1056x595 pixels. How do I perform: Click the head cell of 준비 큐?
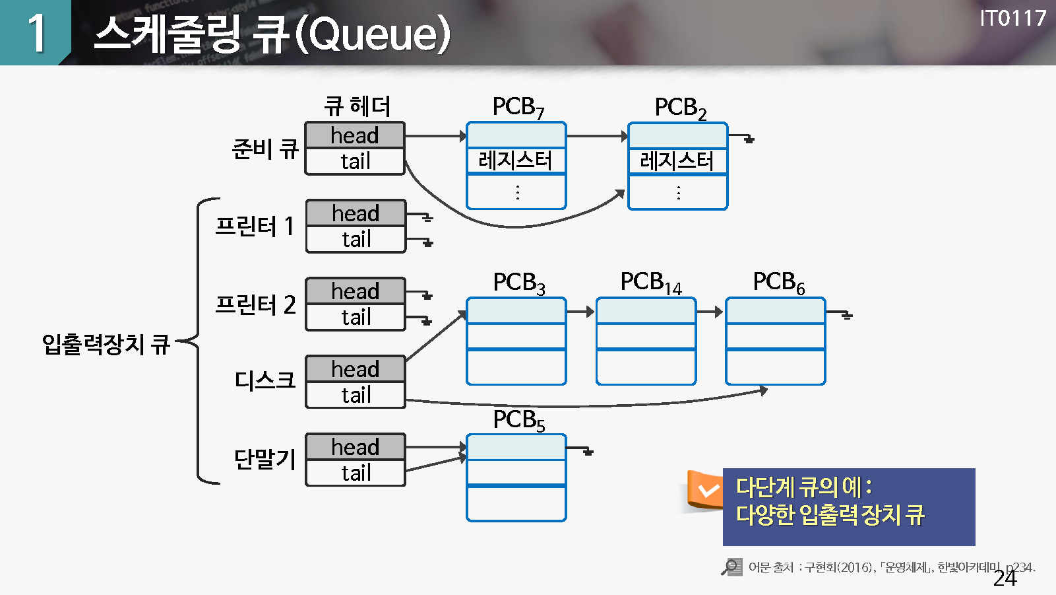tap(355, 135)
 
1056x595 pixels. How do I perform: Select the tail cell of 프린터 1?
tap(356, 240)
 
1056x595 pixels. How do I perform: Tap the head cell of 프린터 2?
tap(356, 291)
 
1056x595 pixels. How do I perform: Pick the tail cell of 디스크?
tap(356, 396)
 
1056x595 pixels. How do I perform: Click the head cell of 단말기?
tap(356, 447)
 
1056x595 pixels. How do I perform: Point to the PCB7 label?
tap(518, 108)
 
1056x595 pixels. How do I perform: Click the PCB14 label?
tap(651, 283)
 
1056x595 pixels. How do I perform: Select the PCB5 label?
tap(519, 420)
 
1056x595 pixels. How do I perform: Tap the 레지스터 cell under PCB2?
tap(677, 161)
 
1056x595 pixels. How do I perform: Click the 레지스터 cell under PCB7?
tap(516, 160)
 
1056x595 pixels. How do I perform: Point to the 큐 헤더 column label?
tap(357, 106)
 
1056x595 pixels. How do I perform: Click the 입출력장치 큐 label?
tap(106, 344)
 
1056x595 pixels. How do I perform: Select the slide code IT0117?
tap(1012, 18)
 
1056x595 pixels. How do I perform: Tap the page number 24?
tap(1005, 578)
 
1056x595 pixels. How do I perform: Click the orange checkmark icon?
tap(707, 491)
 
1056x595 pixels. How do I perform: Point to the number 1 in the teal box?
tap(36, 33)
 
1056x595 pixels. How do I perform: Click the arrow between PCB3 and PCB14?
tap(581, 312)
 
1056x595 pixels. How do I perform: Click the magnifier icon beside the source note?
tap(731, 567)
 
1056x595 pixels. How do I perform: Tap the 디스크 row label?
tap(265, 380)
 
